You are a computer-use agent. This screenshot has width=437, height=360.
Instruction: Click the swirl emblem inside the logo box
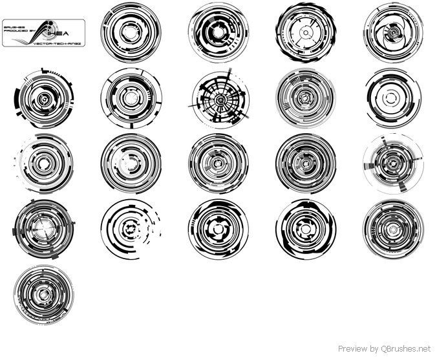40,32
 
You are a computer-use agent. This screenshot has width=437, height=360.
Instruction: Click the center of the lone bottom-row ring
43,294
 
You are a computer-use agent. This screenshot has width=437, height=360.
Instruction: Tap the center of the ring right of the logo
131,32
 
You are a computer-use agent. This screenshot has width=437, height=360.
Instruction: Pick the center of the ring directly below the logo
43,99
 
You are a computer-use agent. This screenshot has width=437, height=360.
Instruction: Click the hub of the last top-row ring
393,32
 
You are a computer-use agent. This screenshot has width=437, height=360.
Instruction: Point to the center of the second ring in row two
131,98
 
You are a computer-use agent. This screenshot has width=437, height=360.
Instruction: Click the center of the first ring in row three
43,164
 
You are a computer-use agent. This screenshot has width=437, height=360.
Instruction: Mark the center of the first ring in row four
43,228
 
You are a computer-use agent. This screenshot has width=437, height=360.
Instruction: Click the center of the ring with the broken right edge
132,228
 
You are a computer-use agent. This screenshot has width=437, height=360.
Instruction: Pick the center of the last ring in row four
393,228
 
